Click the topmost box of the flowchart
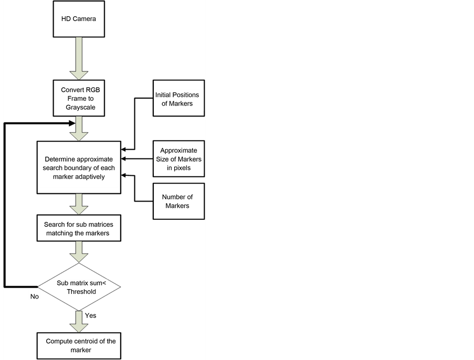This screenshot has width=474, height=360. (79, 19)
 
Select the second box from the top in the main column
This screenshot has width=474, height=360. (79, 98)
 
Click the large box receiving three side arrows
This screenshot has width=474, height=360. (79, 167)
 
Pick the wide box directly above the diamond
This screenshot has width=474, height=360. (79, 228)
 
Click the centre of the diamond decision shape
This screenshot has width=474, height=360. (79, 287)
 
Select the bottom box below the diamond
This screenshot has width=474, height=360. (79, 345)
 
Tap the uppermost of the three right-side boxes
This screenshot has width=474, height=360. (178, 98)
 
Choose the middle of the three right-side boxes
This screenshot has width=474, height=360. (178, 158)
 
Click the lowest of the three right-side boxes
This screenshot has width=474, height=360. (178, 201)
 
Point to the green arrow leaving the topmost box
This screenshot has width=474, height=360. (79, 58)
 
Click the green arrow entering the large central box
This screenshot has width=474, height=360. (79, 129)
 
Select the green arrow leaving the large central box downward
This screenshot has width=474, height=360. (79, 204)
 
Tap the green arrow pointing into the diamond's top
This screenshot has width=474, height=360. (79, 252)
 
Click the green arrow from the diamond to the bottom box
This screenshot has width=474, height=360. (79, 322)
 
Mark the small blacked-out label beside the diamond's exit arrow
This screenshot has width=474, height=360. (90, 315)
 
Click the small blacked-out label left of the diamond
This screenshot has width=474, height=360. (34, 295)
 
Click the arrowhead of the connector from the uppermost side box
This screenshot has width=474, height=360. (123, 150)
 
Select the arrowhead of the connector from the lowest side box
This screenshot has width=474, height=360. (123, 175)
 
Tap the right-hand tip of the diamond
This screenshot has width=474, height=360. (120, 287)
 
